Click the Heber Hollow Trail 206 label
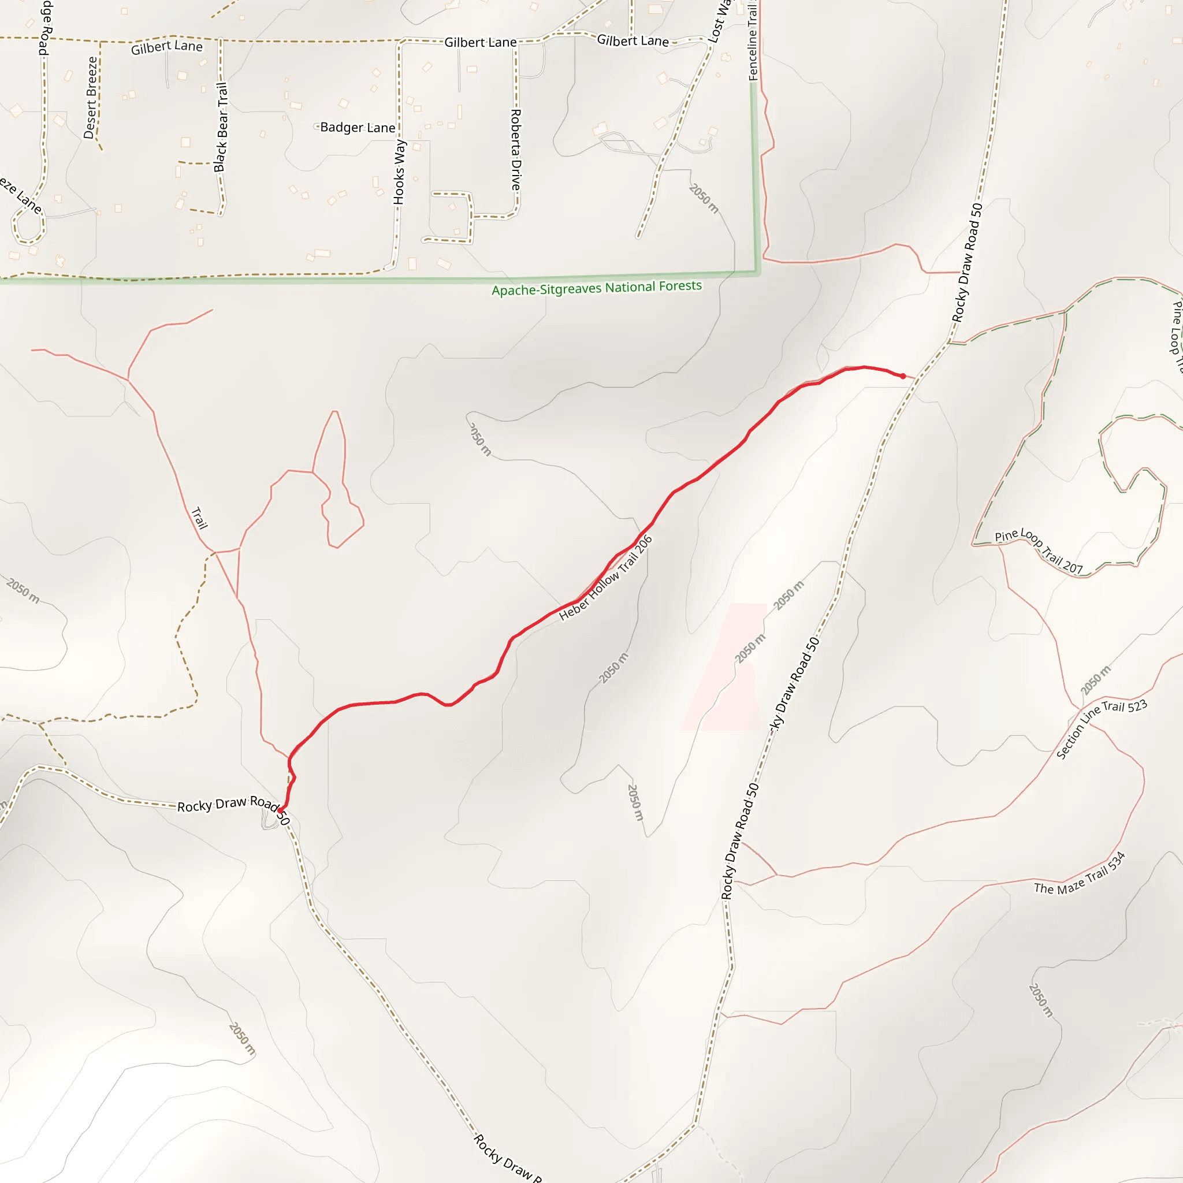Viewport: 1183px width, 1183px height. click(605, 578)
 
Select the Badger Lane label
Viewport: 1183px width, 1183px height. click(358, 127)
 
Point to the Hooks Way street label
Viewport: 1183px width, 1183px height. click(399, 172)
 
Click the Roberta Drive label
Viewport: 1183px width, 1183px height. click(516, 150)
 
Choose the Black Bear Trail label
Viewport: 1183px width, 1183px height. click(221, 127)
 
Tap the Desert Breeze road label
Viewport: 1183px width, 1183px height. click(91, 98)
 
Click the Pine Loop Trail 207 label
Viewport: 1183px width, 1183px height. click(1039, 550)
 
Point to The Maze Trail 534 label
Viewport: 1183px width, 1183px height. click(1080, 873)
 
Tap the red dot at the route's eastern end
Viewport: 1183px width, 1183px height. click(903, 376)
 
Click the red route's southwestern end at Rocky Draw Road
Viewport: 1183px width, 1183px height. click(280, 810)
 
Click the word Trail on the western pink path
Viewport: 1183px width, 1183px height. click(200, 518)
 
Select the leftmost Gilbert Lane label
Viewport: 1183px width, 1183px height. click(166, 47)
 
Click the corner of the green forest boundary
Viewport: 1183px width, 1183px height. click(758, 273)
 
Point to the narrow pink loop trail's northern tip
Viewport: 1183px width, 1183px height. click(335, 411)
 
